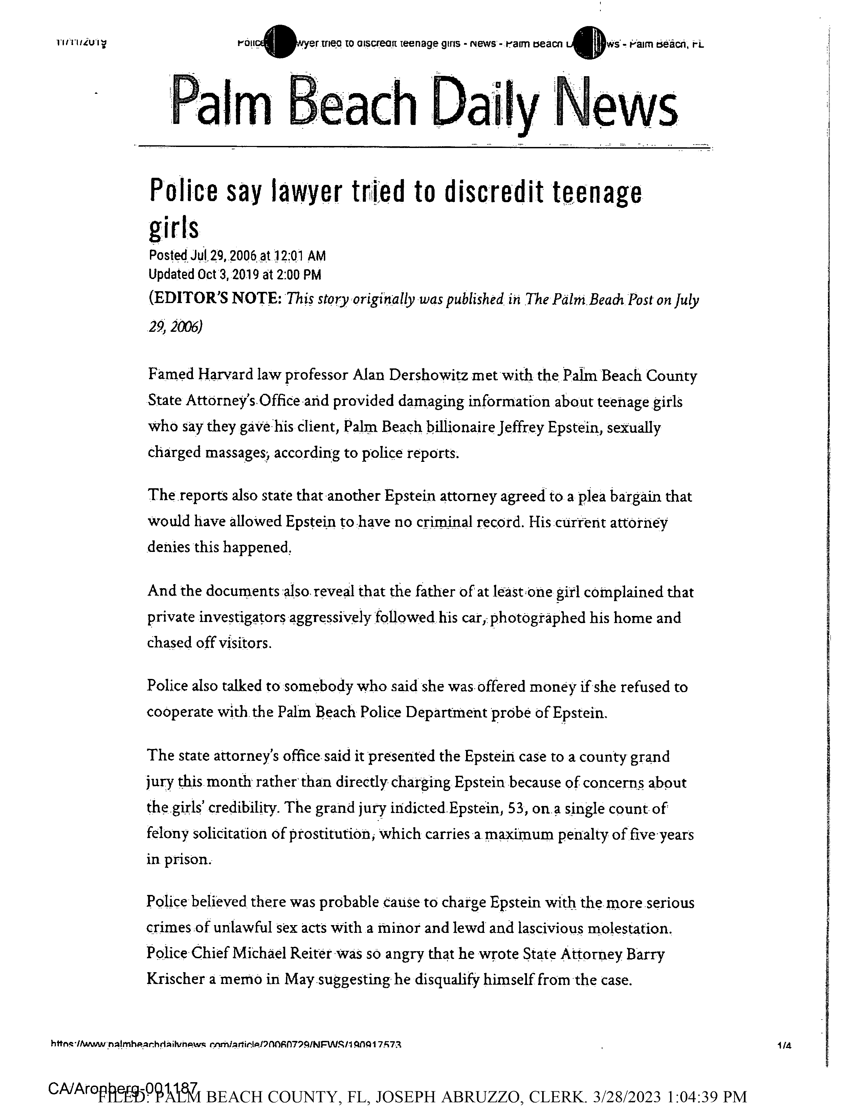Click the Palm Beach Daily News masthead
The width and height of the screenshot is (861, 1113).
pyautogui.click(x=425, y=102)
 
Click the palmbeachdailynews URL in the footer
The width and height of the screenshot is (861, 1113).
pyautogui.click(x=226, y=1045)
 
